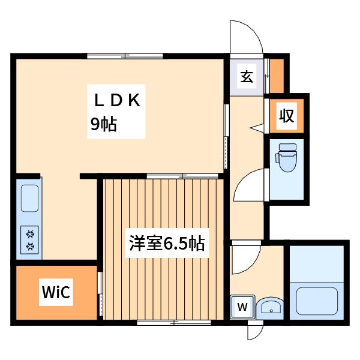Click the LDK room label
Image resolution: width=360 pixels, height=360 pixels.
[x=117, y=100]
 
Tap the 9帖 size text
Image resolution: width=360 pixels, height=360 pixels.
[x=104, y=124]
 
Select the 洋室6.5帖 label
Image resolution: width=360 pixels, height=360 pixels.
[x=167, y=243]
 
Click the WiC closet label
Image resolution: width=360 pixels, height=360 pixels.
[x=56, y=292]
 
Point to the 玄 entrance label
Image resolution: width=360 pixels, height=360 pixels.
[x=247, y=76]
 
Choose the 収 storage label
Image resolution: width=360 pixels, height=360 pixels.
[x=287, y=115]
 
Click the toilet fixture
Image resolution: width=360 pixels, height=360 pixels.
[x=286, y=157]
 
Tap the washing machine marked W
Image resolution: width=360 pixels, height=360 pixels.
[x=242, y=307]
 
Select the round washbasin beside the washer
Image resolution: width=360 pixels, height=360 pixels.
[x=269, y=308]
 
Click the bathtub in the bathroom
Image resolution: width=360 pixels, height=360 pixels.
[x=317, y=301]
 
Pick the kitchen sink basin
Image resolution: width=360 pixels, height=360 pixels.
[x=29, y=198]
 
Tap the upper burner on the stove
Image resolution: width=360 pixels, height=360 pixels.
[x=30, y=234]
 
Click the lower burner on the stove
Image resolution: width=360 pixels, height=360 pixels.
[x=30, y=247]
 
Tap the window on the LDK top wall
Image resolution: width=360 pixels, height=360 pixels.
[x=125, y=56]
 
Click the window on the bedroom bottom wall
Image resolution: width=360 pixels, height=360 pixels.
[x=174, y=323]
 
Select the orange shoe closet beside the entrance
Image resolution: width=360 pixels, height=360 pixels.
[x=277, y=76]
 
